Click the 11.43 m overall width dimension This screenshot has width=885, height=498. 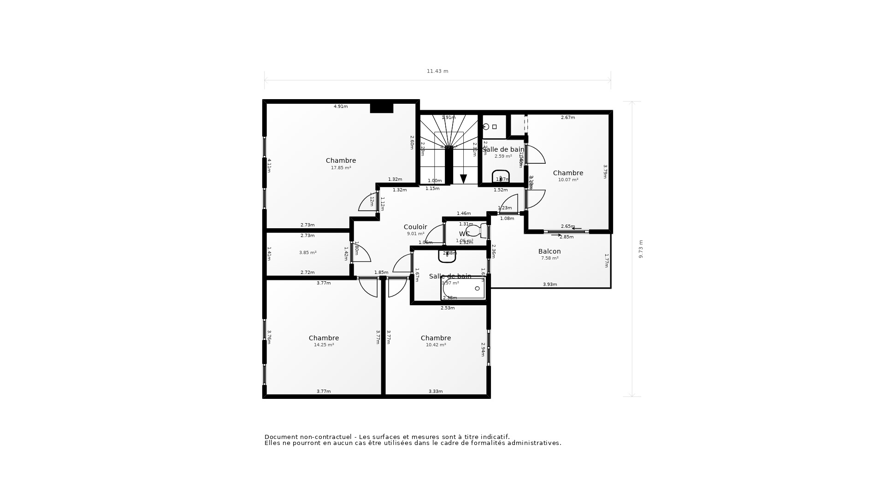(437, 71)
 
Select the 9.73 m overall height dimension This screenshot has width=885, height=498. (641, 249)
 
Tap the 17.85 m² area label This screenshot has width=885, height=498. (341, 168)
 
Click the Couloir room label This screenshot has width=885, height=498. (415, 227)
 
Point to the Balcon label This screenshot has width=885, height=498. (549, 251)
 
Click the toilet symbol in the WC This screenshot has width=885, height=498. (474, 231)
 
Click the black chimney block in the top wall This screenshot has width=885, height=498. (382, 108)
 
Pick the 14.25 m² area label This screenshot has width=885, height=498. (324, 345)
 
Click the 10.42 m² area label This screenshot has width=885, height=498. (436, 345)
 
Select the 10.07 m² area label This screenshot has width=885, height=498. (568, 180)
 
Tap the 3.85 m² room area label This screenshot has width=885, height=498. (307, 253)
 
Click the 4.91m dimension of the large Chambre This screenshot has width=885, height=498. (341, 107)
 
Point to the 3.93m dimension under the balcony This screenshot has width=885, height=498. (549, 285)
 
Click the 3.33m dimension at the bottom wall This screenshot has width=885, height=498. (436, 391)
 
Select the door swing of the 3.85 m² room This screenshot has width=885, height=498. (362, 254)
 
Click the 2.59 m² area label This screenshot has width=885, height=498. (503, 156)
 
